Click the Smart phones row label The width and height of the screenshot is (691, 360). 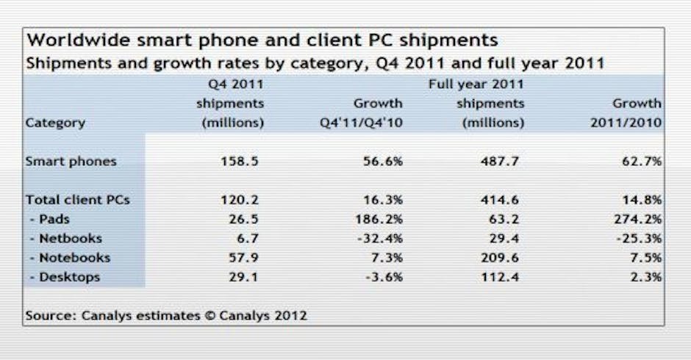point(71,162)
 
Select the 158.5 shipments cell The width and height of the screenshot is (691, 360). point(239,162)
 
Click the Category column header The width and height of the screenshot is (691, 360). point(55,123)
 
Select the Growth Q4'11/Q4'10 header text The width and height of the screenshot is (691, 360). point(360,113)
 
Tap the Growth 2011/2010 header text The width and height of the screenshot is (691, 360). point(626,113)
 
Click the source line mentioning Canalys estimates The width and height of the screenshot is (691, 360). point(166,316)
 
